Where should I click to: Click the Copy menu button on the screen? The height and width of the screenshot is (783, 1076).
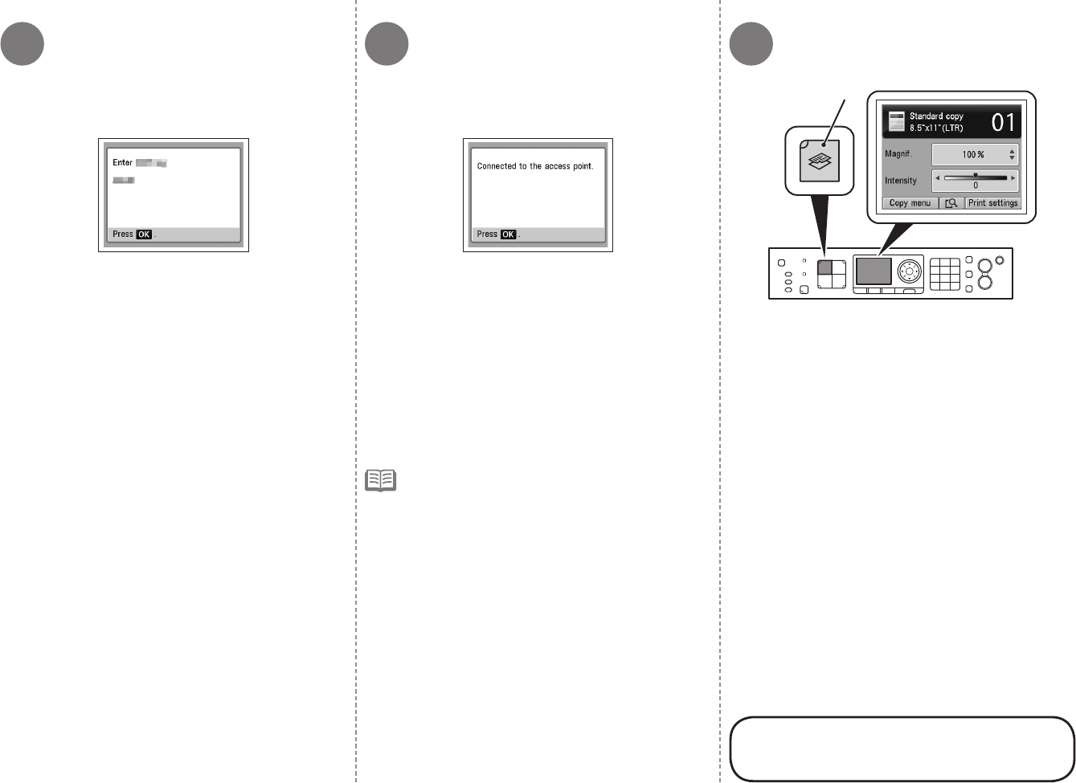click(x=910, y=203)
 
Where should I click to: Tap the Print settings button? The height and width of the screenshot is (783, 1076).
click(x=992, y=203)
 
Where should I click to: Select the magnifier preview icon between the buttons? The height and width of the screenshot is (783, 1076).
click(x=951, y=203)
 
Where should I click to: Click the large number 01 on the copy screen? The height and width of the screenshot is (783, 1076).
click(x=1003, y=123)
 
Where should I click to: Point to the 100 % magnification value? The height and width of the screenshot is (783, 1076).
click(x=973, y=154)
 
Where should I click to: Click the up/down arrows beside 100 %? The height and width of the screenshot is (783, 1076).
click(x=1012, y=154)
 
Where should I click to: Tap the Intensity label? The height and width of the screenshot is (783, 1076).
click(x=901, y=181)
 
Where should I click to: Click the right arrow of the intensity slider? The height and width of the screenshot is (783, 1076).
click(x=1013, y=177)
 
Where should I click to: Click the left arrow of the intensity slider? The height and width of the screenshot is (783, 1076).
click(x=937, y=177)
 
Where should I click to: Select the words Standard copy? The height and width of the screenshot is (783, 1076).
click(x=936, y=116)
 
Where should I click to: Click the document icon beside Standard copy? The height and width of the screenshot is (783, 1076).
click(x=896, y=122)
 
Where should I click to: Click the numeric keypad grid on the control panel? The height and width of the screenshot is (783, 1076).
click(x=945, y=274)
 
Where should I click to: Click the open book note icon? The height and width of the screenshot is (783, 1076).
click(x=381, y=481)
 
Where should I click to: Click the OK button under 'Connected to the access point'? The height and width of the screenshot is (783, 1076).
click(x=508, y=234)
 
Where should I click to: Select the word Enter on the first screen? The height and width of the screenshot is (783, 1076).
click(x=122, y=163)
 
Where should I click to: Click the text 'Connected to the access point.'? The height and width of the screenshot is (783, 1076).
click(x=535, y=166)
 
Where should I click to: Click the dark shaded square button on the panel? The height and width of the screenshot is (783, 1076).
click(x=824, y=268)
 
